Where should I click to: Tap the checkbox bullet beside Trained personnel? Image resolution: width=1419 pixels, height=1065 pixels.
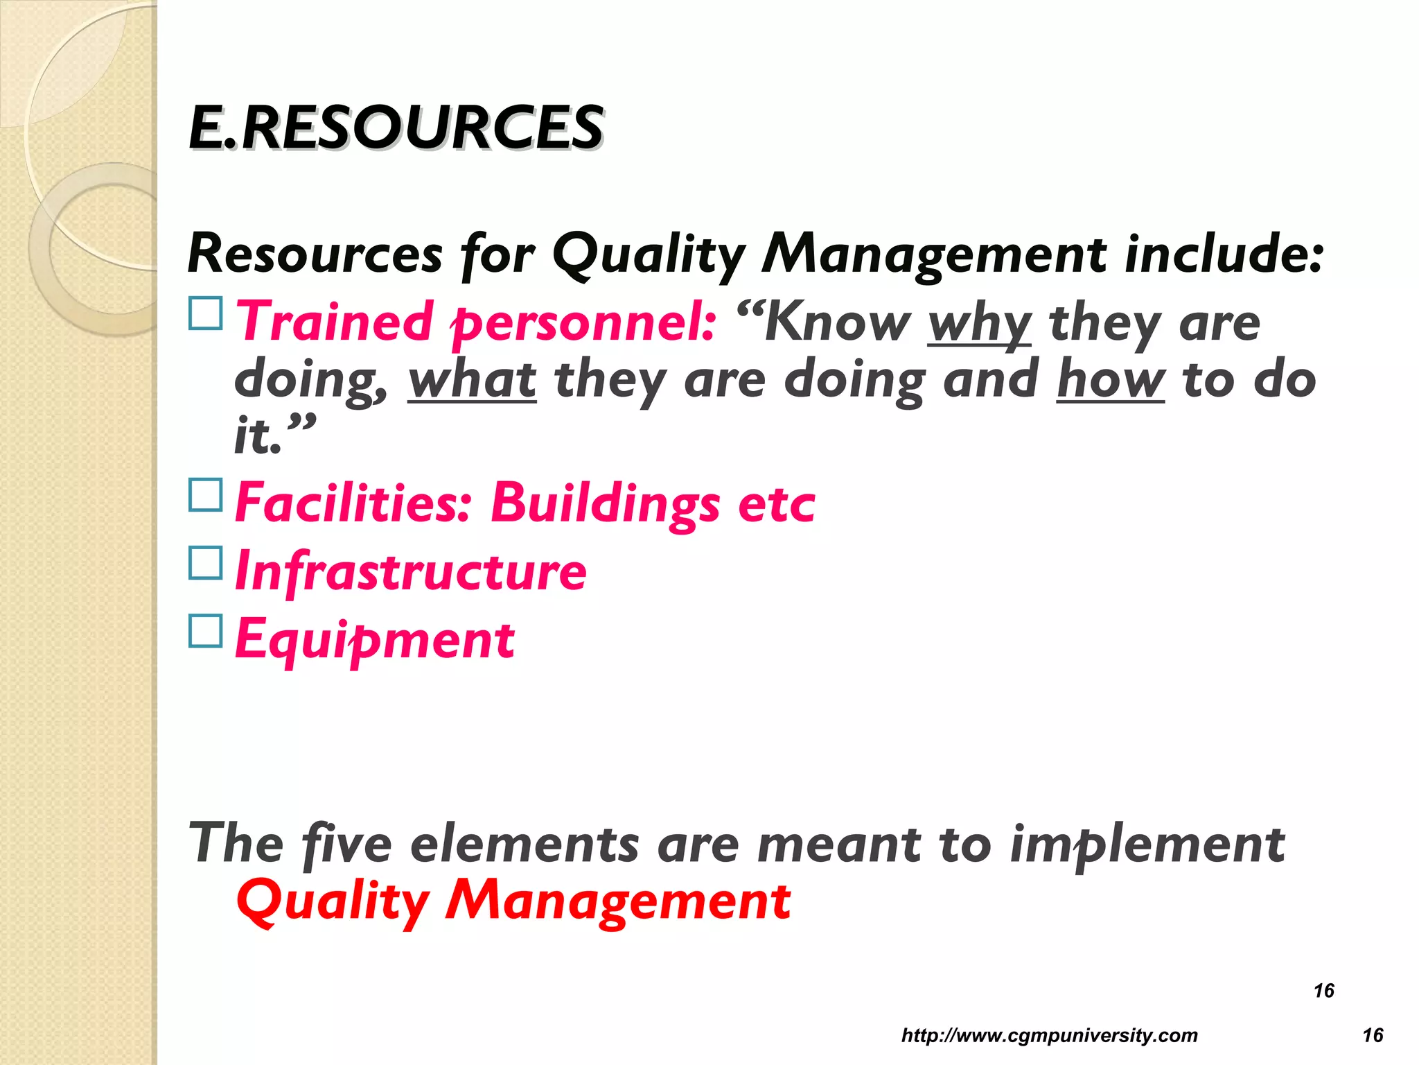tap(206, 313)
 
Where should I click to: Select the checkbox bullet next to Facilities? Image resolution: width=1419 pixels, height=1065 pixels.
tap(206, 495)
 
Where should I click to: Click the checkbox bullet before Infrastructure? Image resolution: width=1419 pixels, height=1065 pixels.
tap(206, 563)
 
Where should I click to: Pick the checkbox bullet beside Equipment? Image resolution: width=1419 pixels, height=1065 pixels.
tap(206, 631)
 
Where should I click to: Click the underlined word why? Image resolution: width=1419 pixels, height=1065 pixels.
tap(979, 324)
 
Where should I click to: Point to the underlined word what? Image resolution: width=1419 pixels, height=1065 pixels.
tap(472, 380)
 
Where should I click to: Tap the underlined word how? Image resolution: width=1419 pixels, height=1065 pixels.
tap(1111, 380)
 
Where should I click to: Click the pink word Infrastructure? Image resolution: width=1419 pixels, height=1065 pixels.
tap(411, 571)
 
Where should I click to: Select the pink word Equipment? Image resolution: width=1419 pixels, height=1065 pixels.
tap(375, 639)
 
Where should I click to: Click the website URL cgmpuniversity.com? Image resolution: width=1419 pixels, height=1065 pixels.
tap(1049, 1035)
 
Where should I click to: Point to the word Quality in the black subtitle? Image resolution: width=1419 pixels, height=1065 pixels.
tap(649, 254)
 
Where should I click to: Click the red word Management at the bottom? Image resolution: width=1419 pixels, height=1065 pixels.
tap(618, 901)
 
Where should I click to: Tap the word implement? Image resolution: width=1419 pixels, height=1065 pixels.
tap(1147, 845)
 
